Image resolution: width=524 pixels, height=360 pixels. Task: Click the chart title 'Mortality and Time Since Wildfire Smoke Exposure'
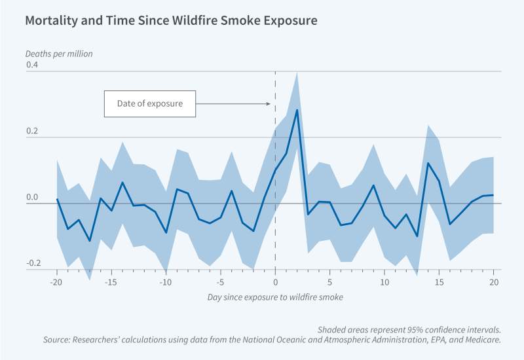click(x=171, y=21)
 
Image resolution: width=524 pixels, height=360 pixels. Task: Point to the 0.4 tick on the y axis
click(x=32, y=65)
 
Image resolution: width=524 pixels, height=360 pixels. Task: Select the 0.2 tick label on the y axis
click(x=32, y=132)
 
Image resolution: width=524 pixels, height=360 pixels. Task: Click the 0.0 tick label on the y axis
click(x=32, y=198)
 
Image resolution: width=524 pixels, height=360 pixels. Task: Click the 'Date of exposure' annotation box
click(x=149, y=103)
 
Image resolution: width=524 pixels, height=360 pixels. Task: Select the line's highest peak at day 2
click(x=297, y=109)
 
